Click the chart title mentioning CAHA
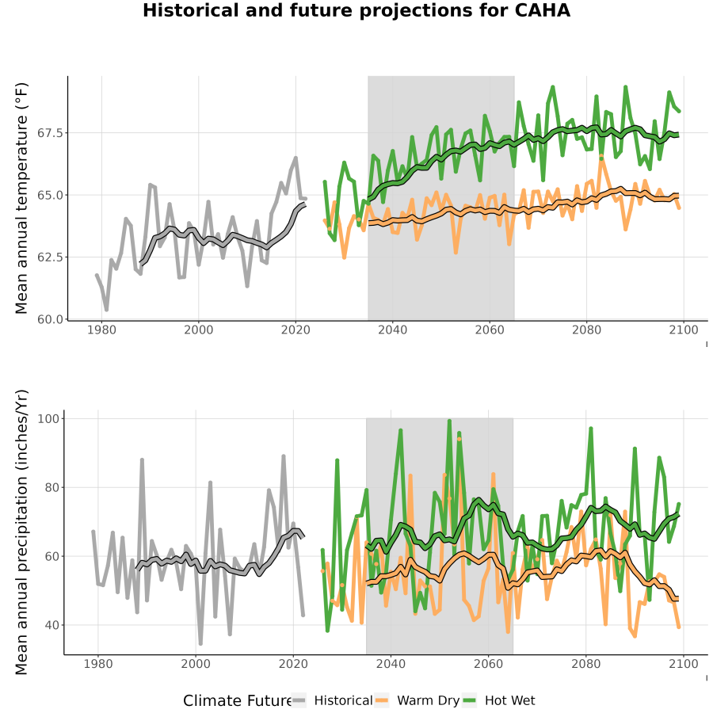(356, 10)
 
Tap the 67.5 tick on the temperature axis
(51, 133)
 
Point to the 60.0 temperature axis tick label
(51, 319)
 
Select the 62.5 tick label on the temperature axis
(51, 257)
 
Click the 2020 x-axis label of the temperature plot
(295, 330)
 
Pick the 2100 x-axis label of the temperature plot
(684, 330)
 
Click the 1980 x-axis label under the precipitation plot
(98, 664)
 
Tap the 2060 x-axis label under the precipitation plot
(488, 664)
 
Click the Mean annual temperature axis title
(21, 198)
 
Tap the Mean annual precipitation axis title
(21, 532)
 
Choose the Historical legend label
(343, 701)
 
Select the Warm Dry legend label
(429, 701)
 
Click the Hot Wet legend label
(509, 701)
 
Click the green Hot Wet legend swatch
(469, 701)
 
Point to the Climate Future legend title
(237, 701)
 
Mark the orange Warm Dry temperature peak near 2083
(601, 156)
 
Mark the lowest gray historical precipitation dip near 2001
(200, 643)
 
